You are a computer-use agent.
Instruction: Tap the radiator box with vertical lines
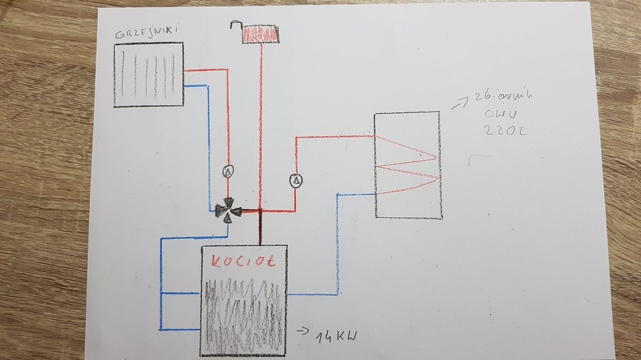click(149, 74)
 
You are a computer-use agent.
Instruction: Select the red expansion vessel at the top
click(261, 34)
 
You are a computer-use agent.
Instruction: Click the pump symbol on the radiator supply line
click(227, 170)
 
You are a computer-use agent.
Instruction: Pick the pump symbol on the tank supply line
click(296, 181)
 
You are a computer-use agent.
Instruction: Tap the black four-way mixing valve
click(228, 209)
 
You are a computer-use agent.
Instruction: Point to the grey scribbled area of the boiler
click(244, 314)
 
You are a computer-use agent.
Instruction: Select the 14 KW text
click(331, 336)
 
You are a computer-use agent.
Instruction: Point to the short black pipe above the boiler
click(260, 227)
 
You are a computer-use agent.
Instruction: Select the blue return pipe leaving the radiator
click(208, 147)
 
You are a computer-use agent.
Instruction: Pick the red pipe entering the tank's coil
click(333, 136)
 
